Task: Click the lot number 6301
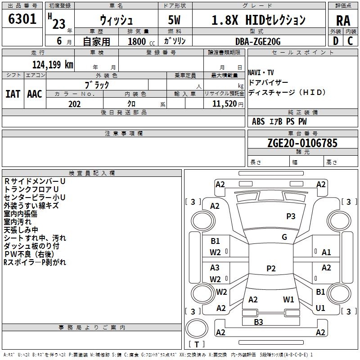click(22, 19)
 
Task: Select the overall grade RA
click(343, 21)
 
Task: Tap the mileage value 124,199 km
click(53, 65)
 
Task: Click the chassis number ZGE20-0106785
click(302, 143)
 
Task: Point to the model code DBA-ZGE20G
click(258, 41)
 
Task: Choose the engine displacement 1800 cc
click(141, 41)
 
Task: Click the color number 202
click(74, 104)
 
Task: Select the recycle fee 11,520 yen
click(228, 104)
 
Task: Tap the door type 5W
click(174, 20)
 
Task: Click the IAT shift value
click(13, 94)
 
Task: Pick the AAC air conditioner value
click(35, 94)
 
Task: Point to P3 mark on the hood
click(291, 216)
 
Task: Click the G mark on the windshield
click(284, 237)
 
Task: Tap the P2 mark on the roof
click(271, 268)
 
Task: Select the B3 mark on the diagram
click(258, 322)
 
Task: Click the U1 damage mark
click(320, 308)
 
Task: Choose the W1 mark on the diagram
click(288, 299)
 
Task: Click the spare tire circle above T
click(197, 328)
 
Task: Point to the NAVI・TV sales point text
click(261, 73)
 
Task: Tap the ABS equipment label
click(258, 121)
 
